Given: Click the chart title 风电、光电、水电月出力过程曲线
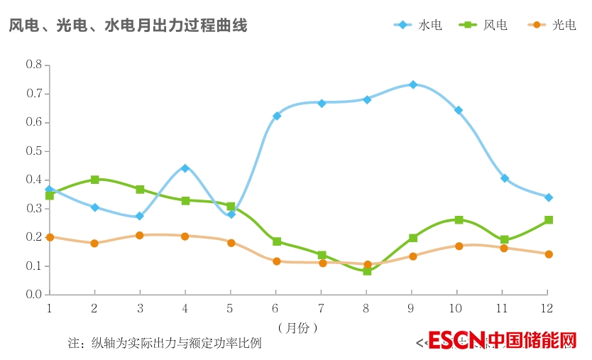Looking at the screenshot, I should pos(128,26).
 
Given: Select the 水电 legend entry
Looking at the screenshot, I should pos(419,25).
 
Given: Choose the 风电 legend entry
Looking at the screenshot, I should pos(484,25).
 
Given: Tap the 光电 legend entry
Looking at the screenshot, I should pos(552,25).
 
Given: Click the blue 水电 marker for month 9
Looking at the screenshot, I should pos(412,84).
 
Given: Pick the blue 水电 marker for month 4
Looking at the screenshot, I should pos(185,168).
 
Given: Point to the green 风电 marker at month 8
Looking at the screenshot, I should pos(367,271).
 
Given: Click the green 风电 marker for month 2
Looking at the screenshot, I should pos(94,180).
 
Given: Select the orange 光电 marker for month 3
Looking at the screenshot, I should pos(140,235).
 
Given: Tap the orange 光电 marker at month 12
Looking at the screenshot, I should pos(549,254).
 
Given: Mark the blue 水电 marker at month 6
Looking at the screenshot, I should pos(277,116).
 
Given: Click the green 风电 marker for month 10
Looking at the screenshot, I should pos(459,220).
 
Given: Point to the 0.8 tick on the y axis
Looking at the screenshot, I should pos(34,65).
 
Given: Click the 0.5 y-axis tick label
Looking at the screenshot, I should pos(34,151).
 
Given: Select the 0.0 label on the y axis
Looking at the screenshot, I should pos(34,294).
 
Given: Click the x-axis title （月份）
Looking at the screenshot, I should pos(297,327).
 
